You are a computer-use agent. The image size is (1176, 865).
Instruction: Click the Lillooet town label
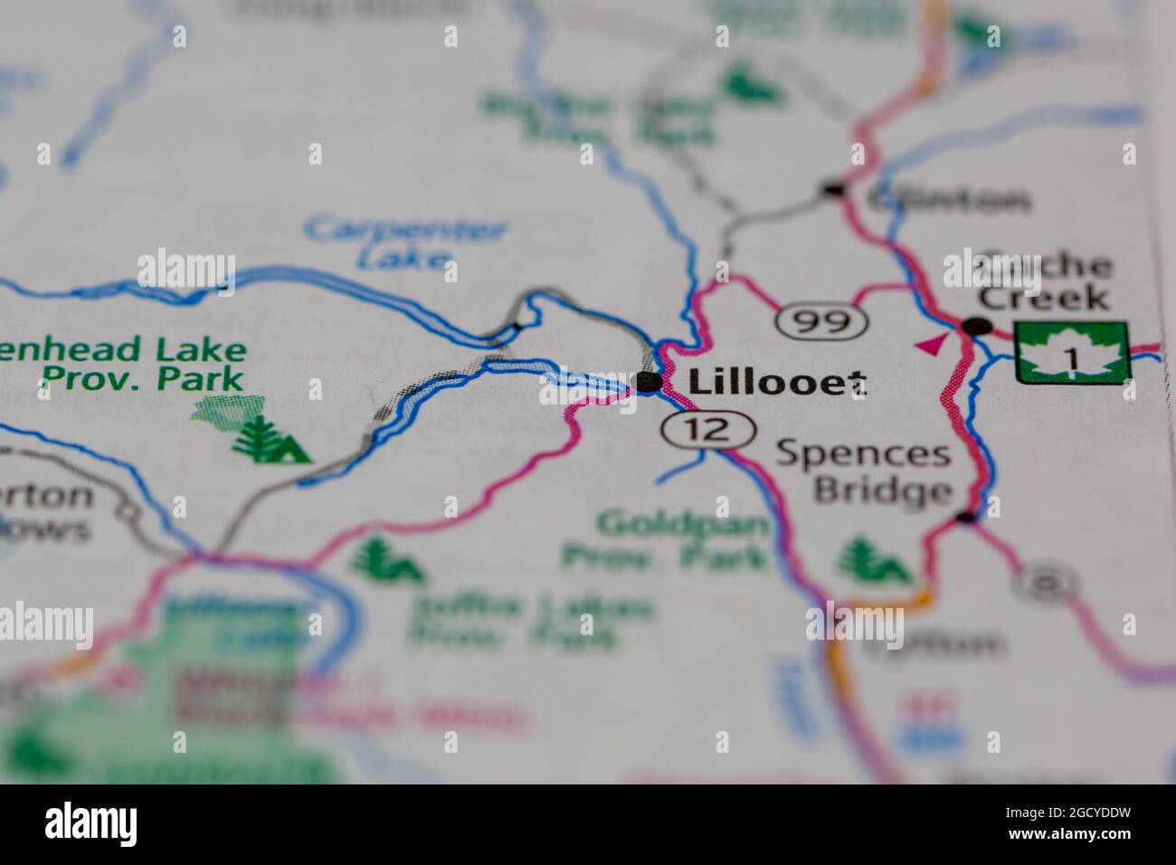click(x=776, y=383)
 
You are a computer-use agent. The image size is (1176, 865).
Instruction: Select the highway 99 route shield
click(x=822, y=319)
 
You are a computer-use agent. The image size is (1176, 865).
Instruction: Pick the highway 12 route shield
click(x=707, y=429)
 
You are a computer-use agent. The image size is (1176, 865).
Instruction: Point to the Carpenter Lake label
click(x=404, y=242)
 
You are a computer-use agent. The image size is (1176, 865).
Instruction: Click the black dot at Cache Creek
click(x=975, y=326)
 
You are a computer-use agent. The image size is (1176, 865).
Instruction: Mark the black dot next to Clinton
click(x=833, y=190)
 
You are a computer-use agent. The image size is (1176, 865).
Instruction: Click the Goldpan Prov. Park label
click(x=667, y=540)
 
